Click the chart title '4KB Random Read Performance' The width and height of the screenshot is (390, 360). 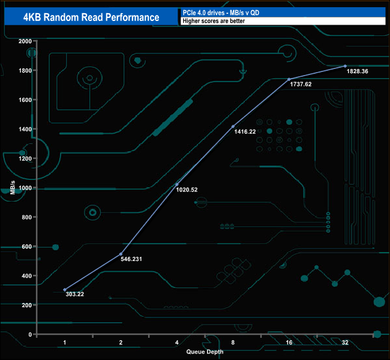(91, 17)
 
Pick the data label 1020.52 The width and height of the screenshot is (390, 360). (187, 190)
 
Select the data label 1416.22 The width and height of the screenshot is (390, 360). (244, 131)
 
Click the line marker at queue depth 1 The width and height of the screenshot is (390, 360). (65, 290)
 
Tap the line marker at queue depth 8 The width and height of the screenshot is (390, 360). (233, 127)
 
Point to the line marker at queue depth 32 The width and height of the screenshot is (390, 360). (345, 66)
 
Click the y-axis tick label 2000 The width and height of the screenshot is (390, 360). (25, 41)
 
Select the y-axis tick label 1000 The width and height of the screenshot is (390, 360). (25, 188)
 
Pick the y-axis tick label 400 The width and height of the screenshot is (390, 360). (27, 276)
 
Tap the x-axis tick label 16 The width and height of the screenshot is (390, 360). (289, 342)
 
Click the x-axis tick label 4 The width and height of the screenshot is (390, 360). (176, 342)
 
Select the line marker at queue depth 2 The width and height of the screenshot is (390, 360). (121, 254)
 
